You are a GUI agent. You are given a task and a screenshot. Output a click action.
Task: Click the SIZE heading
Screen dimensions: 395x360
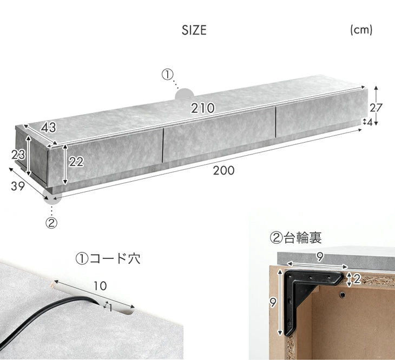194,30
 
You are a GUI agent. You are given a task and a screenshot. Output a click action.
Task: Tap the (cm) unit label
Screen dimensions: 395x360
361,30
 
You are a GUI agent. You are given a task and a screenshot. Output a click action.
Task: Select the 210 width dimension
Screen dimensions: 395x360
203,108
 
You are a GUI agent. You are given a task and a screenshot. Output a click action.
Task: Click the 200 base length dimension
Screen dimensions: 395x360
223,171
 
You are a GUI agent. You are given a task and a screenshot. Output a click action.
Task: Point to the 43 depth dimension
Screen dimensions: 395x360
49,128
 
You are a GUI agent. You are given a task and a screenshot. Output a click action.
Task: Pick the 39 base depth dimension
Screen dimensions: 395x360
18,186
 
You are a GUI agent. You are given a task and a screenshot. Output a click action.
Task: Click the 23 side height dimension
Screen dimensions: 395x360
18,155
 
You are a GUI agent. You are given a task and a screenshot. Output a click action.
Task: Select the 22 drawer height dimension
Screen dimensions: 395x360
76,162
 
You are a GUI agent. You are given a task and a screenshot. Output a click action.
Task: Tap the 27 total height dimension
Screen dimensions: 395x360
376,108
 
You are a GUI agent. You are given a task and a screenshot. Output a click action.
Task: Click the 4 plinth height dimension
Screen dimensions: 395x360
370,122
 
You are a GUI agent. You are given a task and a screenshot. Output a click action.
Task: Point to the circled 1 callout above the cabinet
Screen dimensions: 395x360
168,75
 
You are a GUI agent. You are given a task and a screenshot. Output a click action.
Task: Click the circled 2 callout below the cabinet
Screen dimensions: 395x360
51,223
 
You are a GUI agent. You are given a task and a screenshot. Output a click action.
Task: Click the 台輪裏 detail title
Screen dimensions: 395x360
302,238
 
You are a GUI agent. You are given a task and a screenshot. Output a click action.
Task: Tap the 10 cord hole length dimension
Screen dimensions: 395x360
100,286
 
